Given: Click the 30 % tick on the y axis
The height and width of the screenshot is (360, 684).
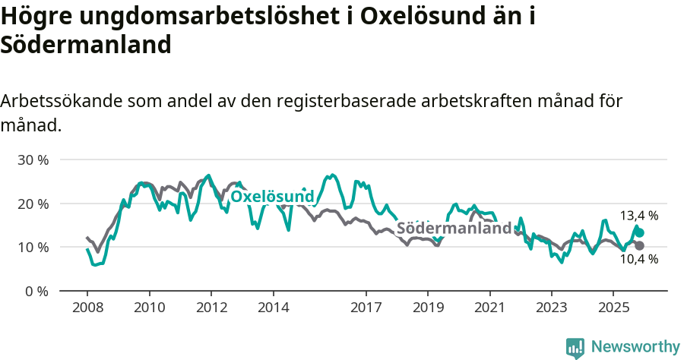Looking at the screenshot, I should [33, 160].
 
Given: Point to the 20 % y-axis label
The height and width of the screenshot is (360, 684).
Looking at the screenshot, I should [33, 204].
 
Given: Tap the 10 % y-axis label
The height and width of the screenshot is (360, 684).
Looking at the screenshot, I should [33, 248].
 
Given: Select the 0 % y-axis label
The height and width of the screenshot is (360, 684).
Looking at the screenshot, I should [36, 291].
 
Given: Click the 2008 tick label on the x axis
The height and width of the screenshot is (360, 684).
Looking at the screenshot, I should [87, 308].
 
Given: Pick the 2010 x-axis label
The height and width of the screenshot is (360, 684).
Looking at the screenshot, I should [149, 308].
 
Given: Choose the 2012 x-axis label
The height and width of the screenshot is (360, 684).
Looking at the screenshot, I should [211, 308].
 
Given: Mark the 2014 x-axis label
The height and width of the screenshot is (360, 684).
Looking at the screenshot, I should [273, 308].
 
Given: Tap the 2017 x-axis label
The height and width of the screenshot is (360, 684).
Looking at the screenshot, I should [366, 308].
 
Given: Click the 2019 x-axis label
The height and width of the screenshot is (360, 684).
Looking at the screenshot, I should [428, 308].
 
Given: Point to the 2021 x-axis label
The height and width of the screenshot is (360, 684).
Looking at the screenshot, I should [489, 308].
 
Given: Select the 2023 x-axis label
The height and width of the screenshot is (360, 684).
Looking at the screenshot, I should [552, 308].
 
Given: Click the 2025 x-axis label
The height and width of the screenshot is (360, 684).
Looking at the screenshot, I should [613, 308].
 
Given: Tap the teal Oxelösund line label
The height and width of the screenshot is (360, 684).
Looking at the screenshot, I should [272, 197].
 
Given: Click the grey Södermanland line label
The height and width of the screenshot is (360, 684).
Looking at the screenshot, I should [454, 229].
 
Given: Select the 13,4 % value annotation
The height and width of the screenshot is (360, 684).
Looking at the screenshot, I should [639, 216].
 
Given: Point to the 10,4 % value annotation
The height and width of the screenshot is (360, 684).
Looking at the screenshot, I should [639, 259].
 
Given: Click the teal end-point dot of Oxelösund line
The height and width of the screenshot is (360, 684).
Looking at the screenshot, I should [640, 232].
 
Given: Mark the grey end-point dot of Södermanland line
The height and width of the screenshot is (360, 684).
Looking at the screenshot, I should [640, 245].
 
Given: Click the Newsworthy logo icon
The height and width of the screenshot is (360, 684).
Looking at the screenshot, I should [575, 347].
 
